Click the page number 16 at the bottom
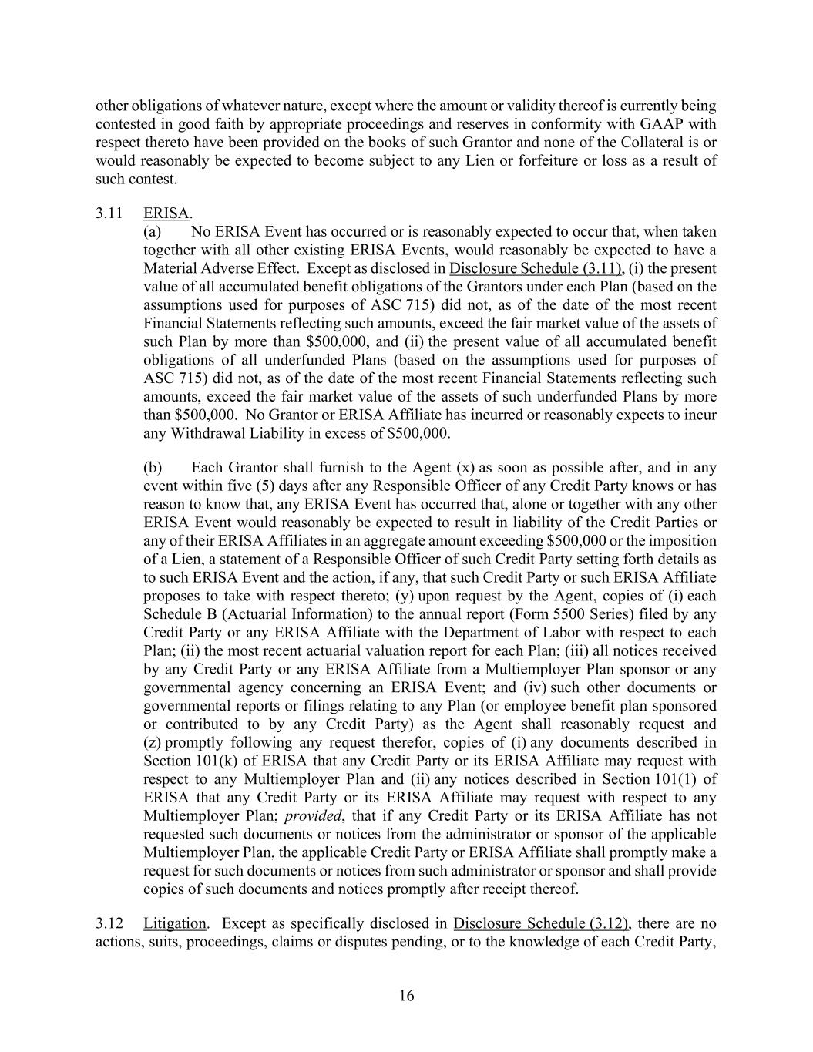406,996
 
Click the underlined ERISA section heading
166,213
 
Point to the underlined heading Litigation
174,923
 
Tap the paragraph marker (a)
153,232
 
